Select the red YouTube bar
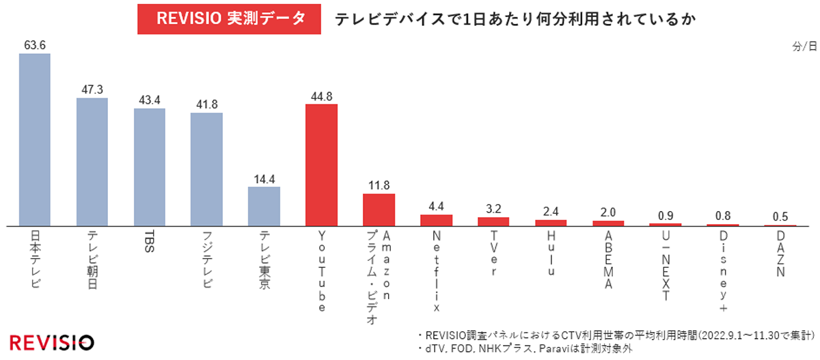pyautogui.click(x=321, y=165)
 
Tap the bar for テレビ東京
pyautogui.click(x=264, y=206)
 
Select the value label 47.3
pyautogui.click(x=92, y=90)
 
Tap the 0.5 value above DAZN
pyautogui.click(x=780, y=217)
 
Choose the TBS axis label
pyautogui.click(x=150, y=243)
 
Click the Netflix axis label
pyautogui.click(x=437, y=271)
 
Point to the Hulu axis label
pyautogui.click(x=551, y=253)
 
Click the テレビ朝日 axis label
pyautogui.click(x=92, y=260)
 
